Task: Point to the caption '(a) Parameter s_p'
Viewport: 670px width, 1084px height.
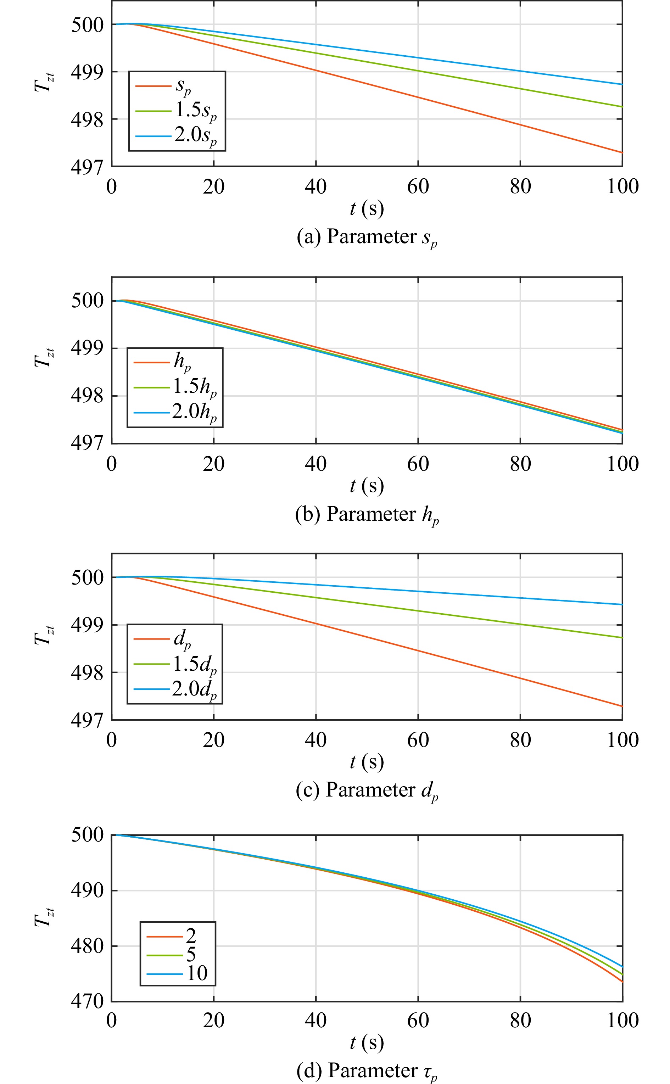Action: click(x=367, y=238)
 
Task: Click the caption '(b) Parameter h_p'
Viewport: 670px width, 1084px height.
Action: click(x=367, y=515)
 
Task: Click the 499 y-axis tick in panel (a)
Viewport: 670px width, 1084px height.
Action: click(x=87, y=72)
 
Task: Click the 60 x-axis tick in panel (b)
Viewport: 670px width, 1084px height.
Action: click(x=418, y=464)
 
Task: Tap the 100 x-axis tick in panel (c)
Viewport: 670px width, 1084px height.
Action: click(x=622, y=740)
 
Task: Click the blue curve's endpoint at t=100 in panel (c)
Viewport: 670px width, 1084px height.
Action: click(x=622, y=605)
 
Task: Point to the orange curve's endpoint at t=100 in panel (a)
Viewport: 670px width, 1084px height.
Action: click(x=622, y=153)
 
